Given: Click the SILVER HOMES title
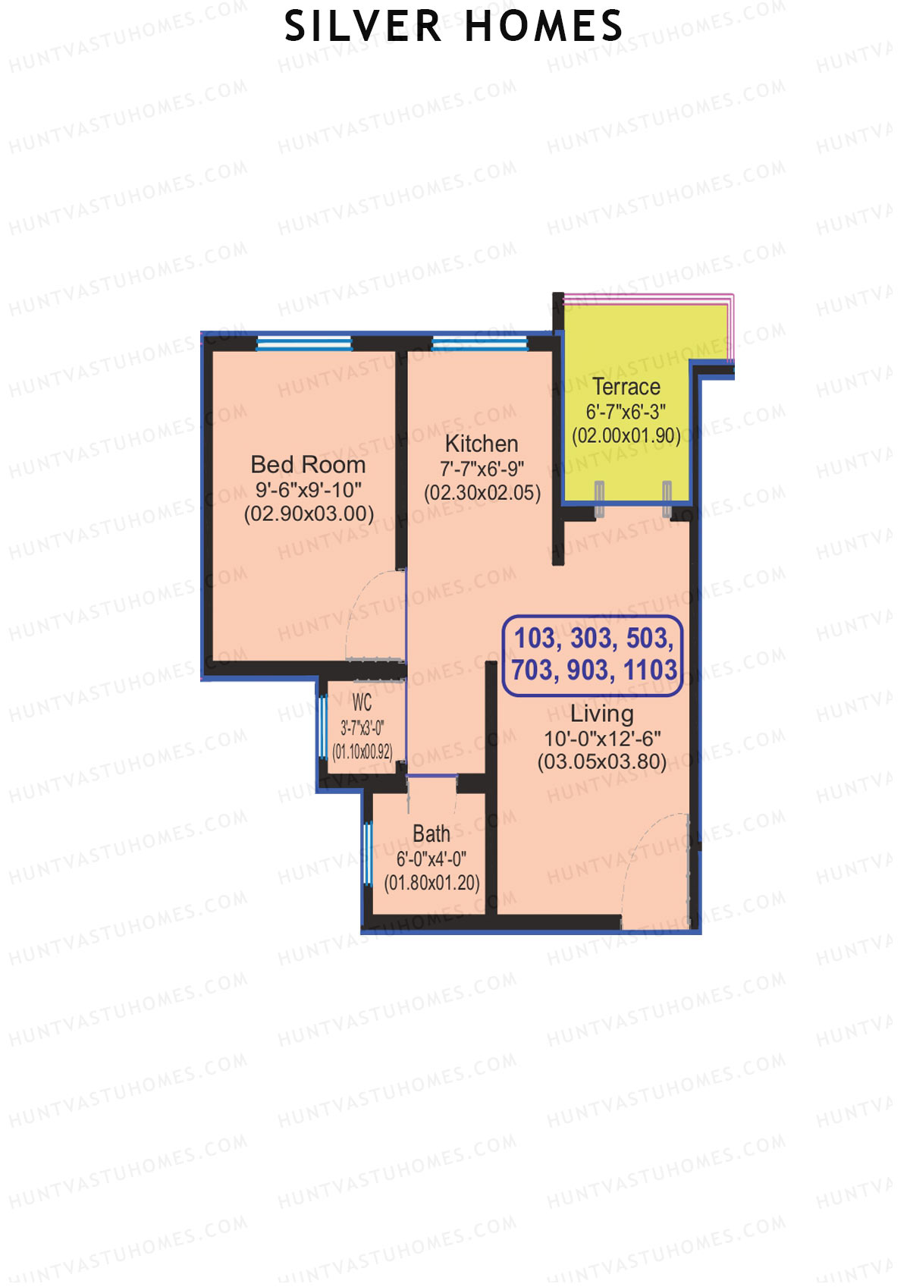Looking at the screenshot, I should [x=453, y=27].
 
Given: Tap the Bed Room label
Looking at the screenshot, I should [x=308, y=464].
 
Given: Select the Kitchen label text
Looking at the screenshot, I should [x=482, y=444].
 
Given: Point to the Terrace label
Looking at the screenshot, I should [x=626, y=387].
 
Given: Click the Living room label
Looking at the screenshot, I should [x=601, y=714].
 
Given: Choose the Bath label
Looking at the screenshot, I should [x=431, y=834].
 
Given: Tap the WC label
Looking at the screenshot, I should [x=362, y=702].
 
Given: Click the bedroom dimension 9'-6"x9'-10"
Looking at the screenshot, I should [x=308, y=489].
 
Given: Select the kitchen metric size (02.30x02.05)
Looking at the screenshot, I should [x=482, y=493].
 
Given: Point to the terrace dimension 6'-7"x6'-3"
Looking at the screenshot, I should [x=626, y=412].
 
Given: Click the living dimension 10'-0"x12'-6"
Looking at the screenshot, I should [x=602, y=738].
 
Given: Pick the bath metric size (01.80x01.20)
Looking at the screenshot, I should [x=431, y=883].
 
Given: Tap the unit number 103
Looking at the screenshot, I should [x=535, y=639].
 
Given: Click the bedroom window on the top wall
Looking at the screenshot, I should [x=304, y=344].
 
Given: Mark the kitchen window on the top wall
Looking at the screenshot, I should [x=479, y=344].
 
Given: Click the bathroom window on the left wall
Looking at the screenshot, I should [x=368, y=854].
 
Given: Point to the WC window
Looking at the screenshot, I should [x=322, y=727].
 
